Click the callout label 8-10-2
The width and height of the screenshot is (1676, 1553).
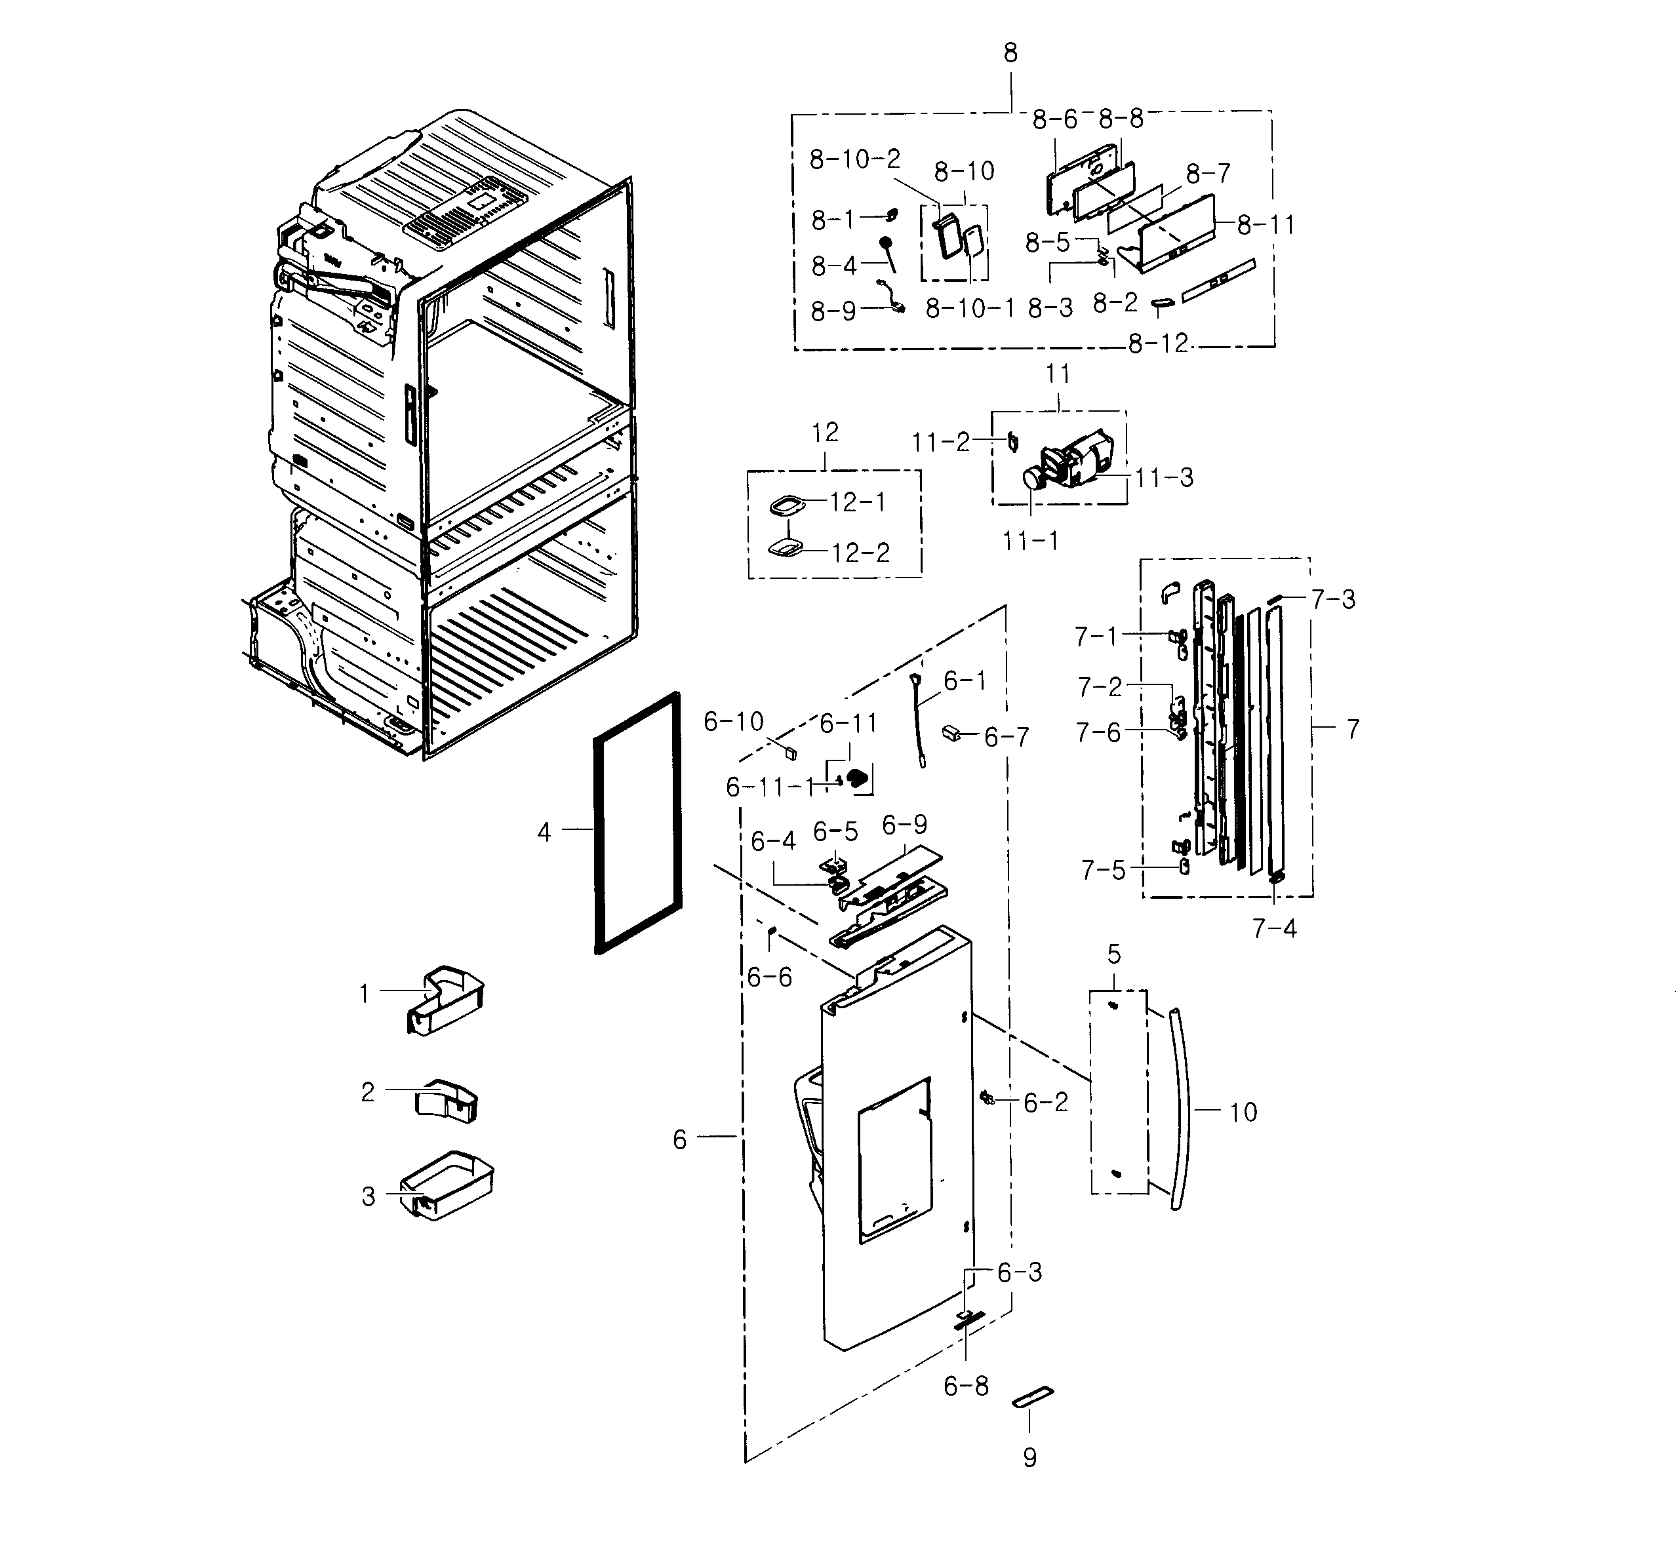[x=854, y=159]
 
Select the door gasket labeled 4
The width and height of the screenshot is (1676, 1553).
[x=599, y=840]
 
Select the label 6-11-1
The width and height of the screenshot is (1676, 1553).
[x=770, y=787]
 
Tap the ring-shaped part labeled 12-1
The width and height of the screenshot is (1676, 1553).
[x=787, y=506]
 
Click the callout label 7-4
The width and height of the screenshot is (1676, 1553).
[x=1274, y=929]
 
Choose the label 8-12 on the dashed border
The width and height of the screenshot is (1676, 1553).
[x=1157, y=344]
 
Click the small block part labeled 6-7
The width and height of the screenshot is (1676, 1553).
[x=951, y=733]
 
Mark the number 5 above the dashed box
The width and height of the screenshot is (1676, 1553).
[x=1113, y=954]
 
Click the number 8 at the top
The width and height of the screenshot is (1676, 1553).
[x=1010, y=53]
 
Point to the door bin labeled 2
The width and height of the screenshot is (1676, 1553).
[x=447, y=1100]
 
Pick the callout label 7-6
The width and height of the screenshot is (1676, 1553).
[x=1098, y=733]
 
